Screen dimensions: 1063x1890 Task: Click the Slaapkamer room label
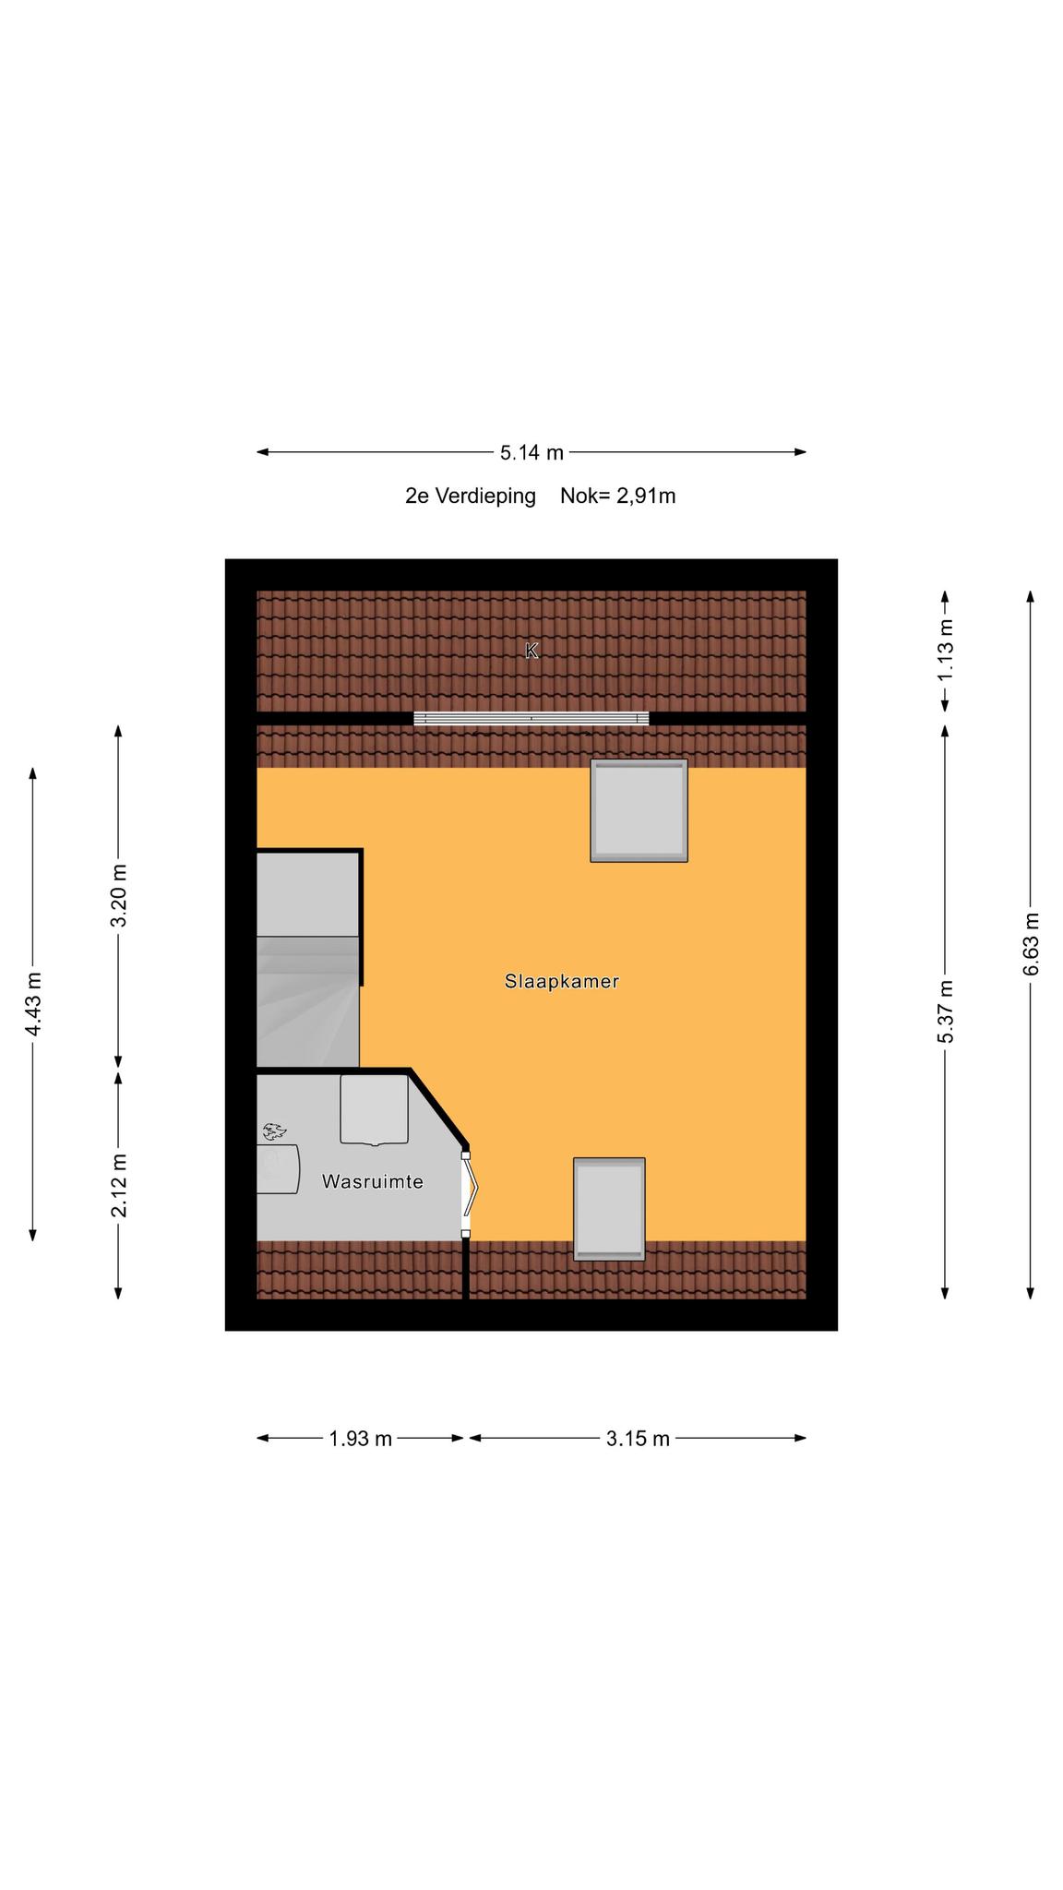point(561,981)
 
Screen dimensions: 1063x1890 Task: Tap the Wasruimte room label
point(372,1181)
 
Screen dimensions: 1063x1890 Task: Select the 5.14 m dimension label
point(531,452)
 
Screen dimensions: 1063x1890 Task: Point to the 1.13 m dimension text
point(945,650)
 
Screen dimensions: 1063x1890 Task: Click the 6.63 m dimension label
point(1031,944)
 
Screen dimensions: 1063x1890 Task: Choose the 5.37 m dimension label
point(945,1012)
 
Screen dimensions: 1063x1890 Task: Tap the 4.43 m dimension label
point(33,1004)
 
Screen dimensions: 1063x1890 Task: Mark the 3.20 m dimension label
point(118,896)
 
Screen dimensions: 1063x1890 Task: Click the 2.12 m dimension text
point(118,1186)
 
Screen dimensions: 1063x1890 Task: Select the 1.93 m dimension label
point(361,1439)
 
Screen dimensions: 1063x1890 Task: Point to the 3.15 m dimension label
point(638,1439)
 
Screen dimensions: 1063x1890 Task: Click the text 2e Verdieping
point(471,496)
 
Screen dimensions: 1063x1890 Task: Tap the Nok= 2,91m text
point(618,496)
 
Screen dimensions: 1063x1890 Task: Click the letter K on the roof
point(531,651)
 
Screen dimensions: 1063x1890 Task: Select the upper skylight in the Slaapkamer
point(639,811)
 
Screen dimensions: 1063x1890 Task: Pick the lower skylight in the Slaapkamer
point(609,1209)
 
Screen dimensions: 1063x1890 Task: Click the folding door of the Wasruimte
point(470,1194)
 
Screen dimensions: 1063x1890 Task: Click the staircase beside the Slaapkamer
point(308,960)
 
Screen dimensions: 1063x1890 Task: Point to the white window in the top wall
point(531,718)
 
